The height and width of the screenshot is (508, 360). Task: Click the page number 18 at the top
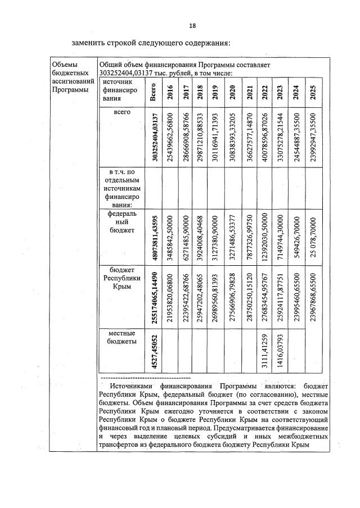(x=192, y=26)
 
